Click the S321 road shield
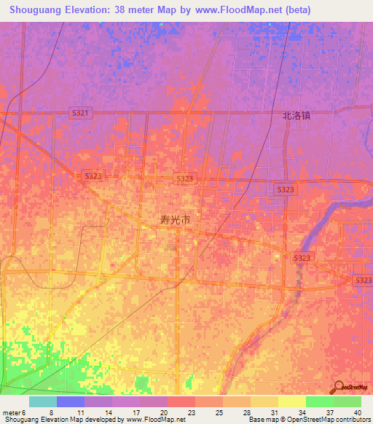[81, 112]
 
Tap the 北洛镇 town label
[297, 115]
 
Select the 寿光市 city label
[176, 219]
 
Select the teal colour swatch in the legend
[43, 401]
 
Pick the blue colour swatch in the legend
[71, 401]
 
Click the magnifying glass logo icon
[338, 386]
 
